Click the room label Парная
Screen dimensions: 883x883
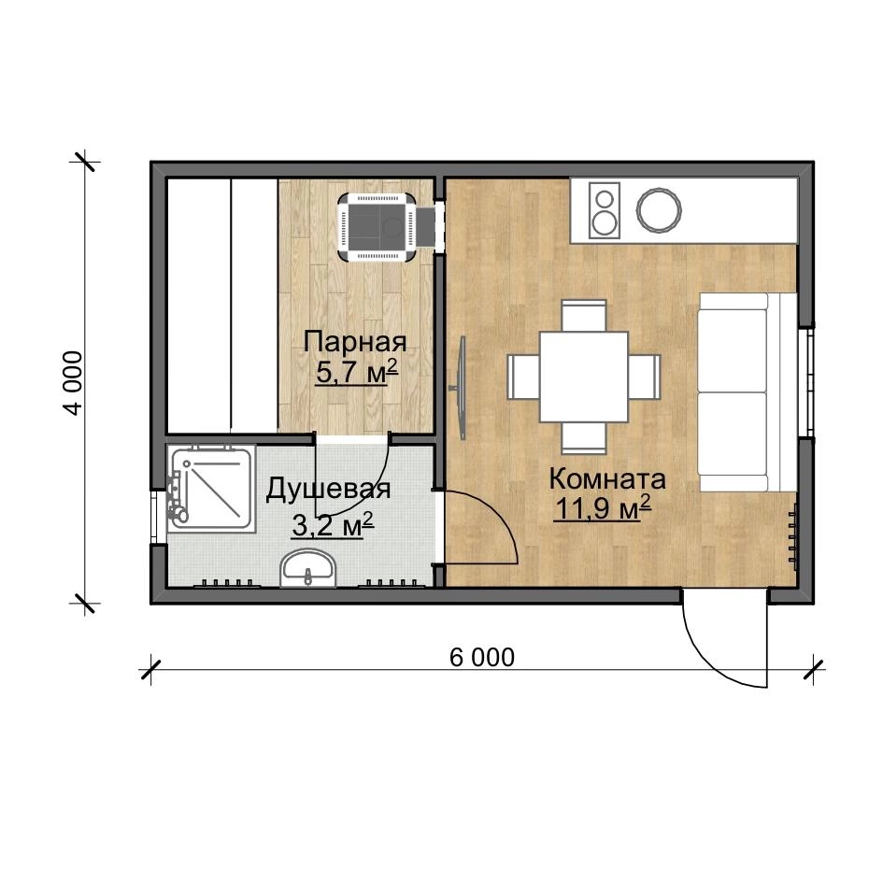click(355, 342)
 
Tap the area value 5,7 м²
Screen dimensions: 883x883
click(357, 371)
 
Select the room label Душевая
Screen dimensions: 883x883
click(328, 489)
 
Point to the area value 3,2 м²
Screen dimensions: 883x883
click(333, 525)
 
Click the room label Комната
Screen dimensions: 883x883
click(607, 479)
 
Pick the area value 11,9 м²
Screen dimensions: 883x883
click(603, 507)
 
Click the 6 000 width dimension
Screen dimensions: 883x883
click(482, 657)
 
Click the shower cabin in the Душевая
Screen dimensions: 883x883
click(211, 488)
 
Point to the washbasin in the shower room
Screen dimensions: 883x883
click(307, 568)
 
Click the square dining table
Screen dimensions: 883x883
click(583, 377)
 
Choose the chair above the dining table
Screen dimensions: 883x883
click(584, 316)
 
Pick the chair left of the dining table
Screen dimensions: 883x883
click(523, 377)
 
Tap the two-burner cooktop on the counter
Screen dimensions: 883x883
click(605, 209)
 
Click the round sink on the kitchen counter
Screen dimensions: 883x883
click(659, 209)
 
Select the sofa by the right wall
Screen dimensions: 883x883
click(748, 392)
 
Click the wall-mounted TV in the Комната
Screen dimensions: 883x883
click(462, 388)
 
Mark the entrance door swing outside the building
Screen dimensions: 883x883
click(726, 638)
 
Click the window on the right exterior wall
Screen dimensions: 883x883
click(805, 382)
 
